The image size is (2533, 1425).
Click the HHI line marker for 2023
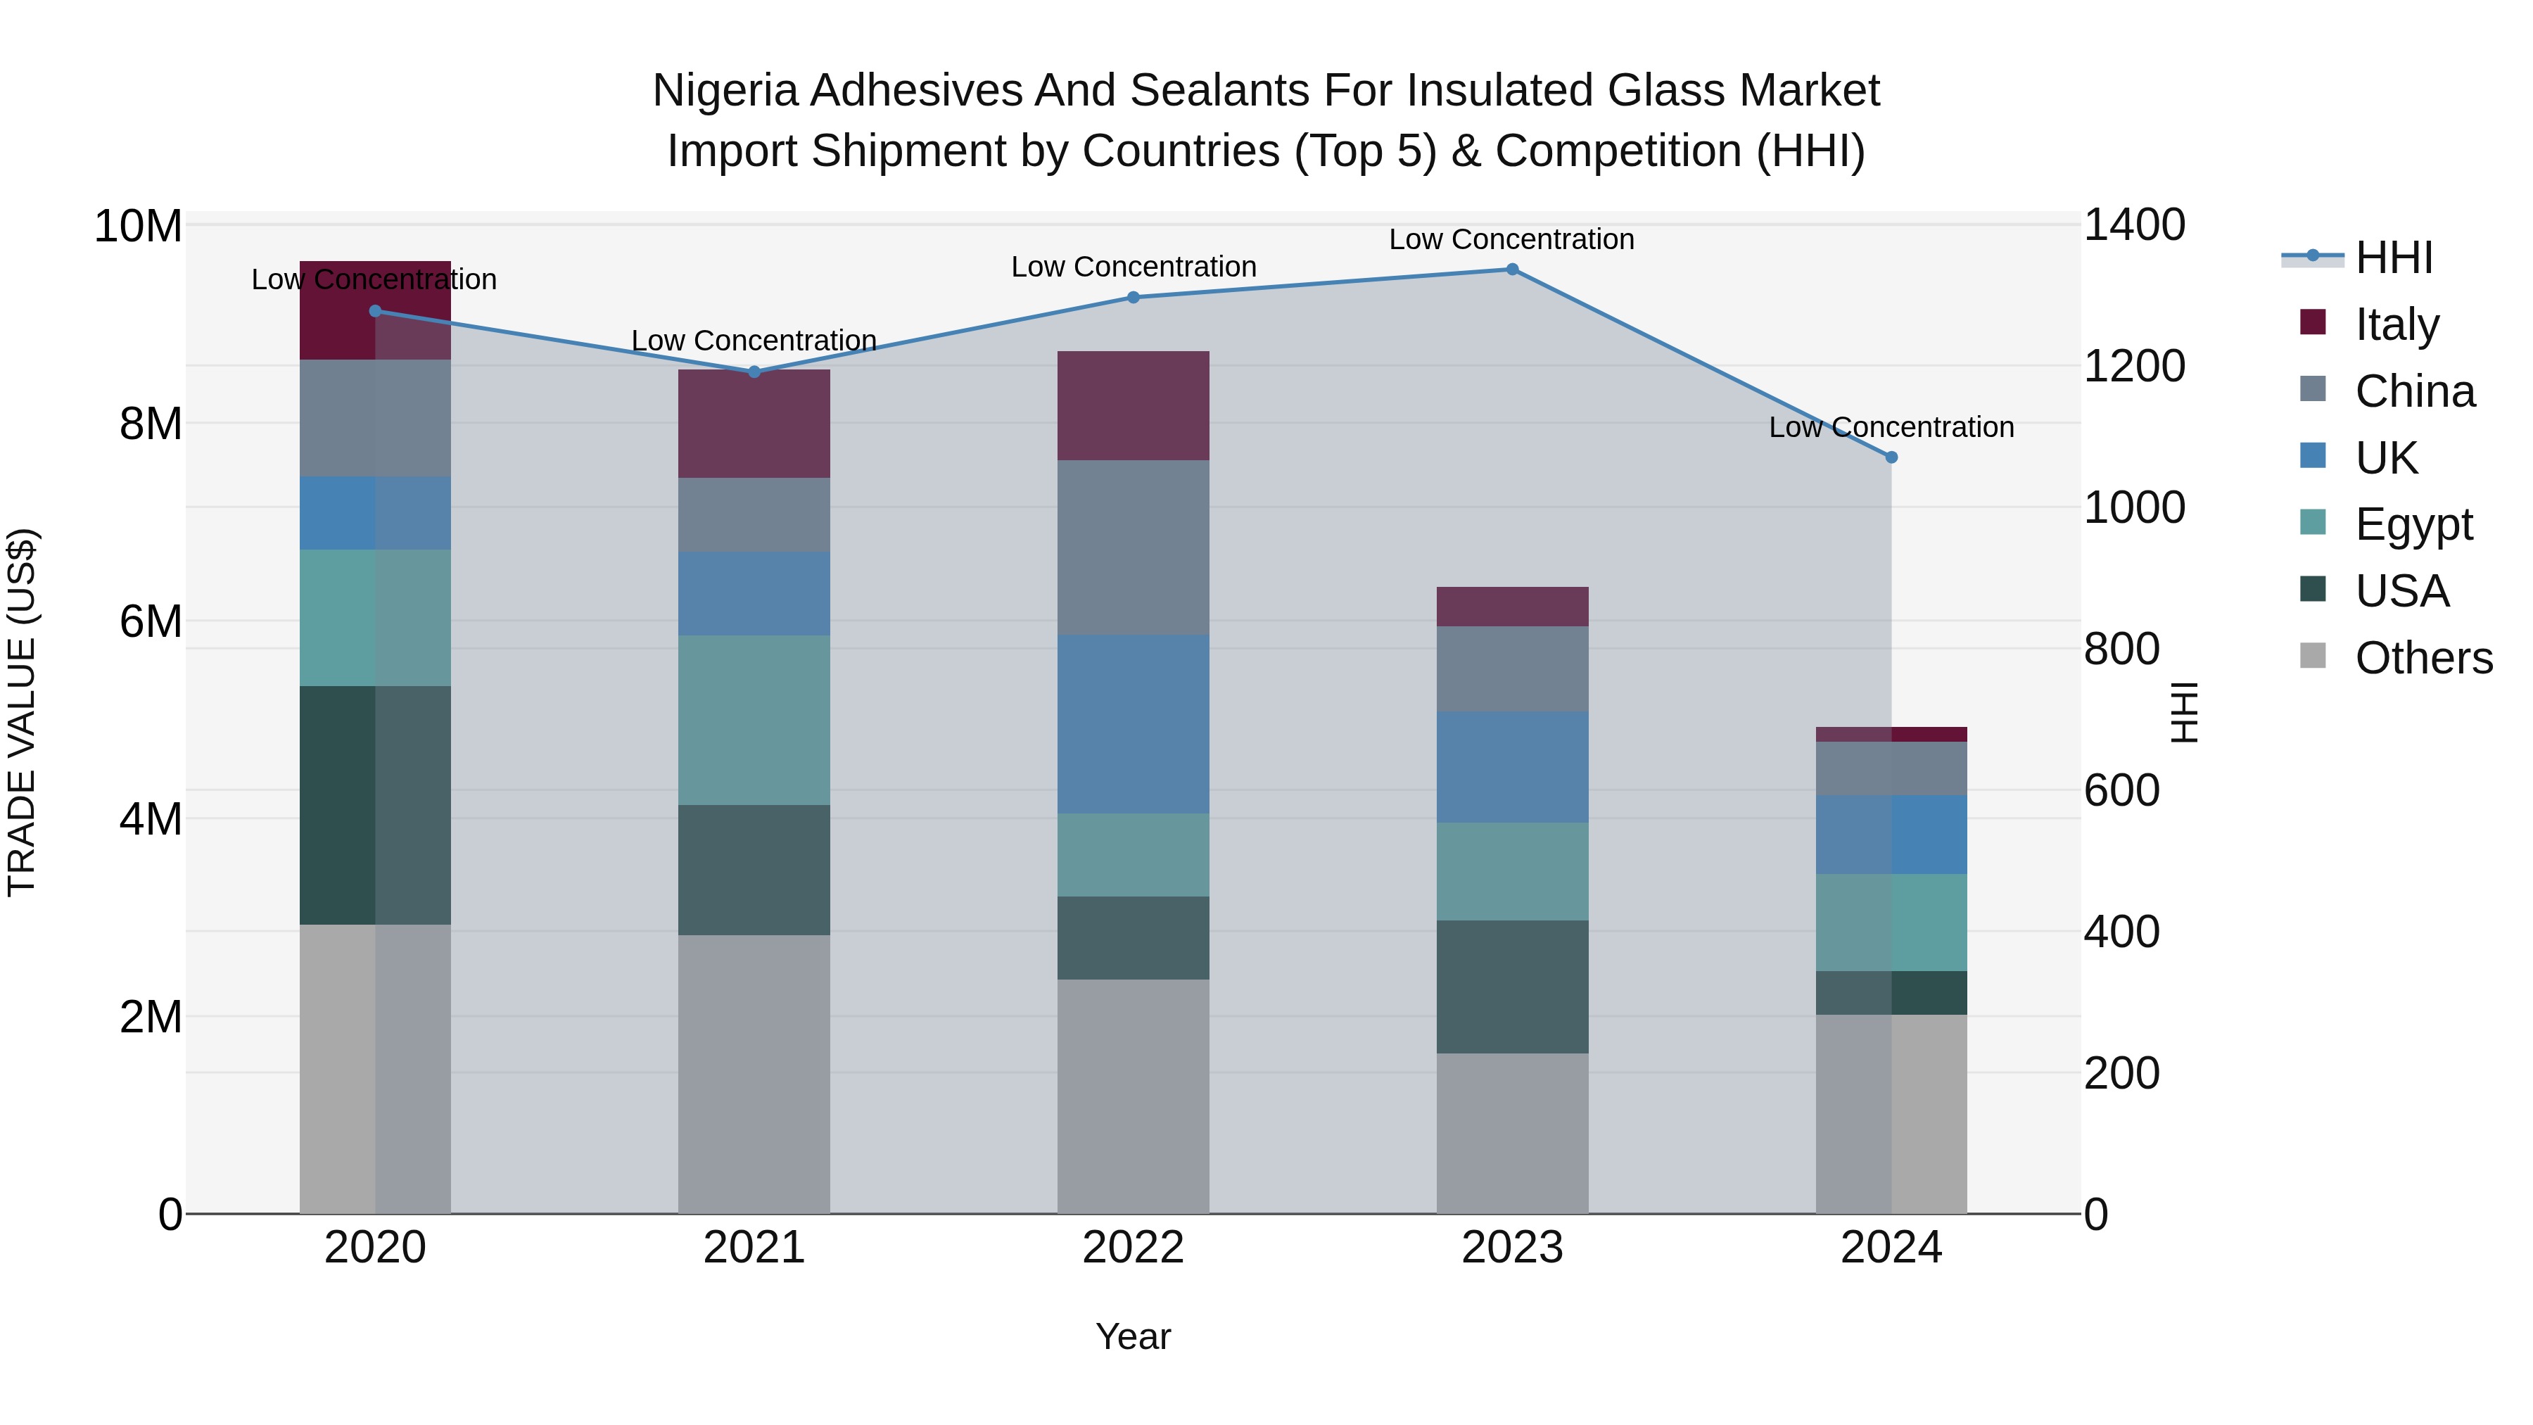point(1512,270)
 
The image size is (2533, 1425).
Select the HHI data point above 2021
point(754,372)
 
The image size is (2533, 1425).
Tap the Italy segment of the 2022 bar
point(1133,405)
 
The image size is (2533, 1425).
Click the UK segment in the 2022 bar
point(1133,724)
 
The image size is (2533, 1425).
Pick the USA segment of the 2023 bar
point(1512,987)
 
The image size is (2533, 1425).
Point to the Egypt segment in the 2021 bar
point(754,720)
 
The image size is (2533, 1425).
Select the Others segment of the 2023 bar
point(1512,1133)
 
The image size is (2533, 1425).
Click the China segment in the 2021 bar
point(754,514)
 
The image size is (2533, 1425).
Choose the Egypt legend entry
point(2413,524)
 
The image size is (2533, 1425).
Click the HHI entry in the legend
point(2394,258)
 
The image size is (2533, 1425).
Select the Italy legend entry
point(2396,324)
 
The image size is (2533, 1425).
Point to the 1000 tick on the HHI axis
point(2134,507)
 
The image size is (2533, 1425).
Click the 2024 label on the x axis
point(1891,1248)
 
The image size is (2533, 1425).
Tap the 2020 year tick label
point(374,1248)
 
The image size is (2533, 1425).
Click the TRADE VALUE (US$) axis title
point(22,712)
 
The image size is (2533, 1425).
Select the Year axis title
point(1133,1336)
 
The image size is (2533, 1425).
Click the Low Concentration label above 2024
point(1891,427)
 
